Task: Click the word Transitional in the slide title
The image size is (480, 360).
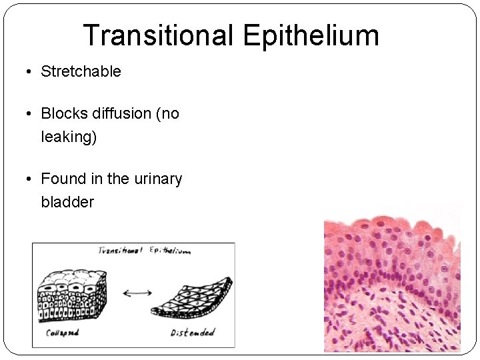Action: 157,35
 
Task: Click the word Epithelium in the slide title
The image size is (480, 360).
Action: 311,35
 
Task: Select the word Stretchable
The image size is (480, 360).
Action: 81,72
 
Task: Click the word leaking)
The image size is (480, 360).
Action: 69,137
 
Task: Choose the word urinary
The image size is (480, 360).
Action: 157,179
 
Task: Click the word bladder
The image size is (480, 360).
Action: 67,202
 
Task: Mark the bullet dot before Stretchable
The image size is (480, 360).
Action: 30,72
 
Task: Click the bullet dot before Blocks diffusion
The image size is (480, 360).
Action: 30,114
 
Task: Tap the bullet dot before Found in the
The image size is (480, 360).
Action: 30,179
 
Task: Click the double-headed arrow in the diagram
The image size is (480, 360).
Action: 137,292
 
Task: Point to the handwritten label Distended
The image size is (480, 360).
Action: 193,332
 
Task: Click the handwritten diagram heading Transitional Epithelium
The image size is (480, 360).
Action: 143,251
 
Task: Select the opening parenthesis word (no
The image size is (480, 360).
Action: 167,114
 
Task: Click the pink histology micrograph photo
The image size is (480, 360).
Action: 392,283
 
